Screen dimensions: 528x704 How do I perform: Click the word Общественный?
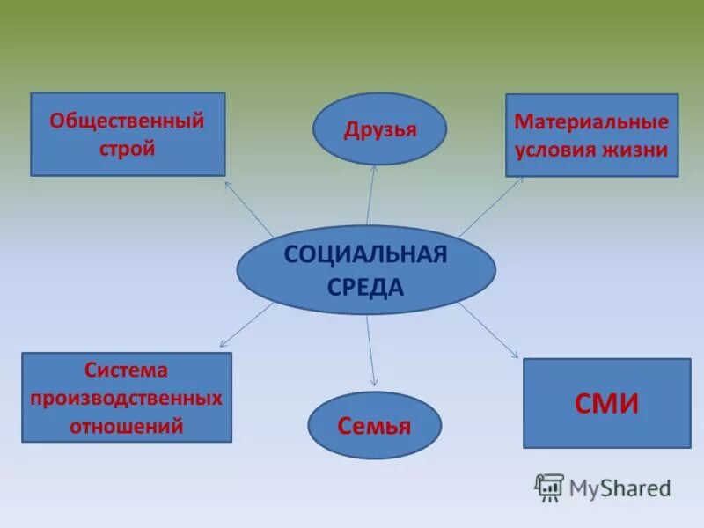pos(127,121)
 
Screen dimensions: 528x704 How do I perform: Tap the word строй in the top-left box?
pos(127,148)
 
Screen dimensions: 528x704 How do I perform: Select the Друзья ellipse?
pos(379,129)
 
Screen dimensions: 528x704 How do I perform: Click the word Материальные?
pos(591,122)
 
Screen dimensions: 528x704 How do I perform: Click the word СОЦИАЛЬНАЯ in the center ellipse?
pos(365,255)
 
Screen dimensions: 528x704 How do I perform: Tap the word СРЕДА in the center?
pos(365,287)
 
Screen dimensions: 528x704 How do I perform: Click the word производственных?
pos(126,398)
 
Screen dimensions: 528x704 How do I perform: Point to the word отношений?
pos(126,427)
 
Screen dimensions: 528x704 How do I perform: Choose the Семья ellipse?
pos(374,426)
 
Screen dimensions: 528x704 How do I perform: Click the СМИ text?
pos(606,404)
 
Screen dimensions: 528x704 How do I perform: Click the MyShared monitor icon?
pos(549,487)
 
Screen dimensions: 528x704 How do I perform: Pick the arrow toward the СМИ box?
pos(489,330)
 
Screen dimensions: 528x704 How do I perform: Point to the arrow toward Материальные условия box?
pos(490,206)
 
